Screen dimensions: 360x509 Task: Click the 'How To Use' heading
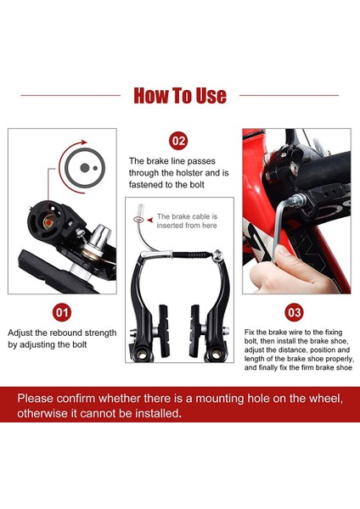coord(180,95)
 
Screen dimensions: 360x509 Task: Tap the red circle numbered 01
coord(62,312)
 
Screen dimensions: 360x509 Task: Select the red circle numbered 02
coord(178,141)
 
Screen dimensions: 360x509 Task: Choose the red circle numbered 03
coord(295,312)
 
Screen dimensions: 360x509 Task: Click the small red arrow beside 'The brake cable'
coord(149,220)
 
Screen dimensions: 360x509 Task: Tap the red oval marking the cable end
coord(138,220)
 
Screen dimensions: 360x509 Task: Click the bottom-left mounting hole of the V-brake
coord(142,355)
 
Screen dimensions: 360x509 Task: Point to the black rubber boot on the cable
coord(189,255)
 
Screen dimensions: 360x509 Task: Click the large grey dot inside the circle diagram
coord(84,168)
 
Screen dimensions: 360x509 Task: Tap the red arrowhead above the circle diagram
coord(84,143)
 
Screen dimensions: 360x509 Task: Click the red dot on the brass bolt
coord(48,221)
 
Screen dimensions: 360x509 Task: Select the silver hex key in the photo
coord(283,227)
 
